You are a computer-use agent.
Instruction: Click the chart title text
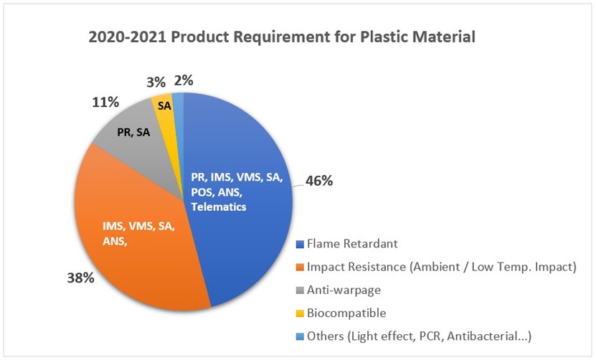(x=282, y=36)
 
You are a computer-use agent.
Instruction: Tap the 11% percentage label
(x=105, y=103)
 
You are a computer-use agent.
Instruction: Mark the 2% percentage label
(x=183, y=81)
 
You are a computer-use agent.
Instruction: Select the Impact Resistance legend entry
(x=441, y=267)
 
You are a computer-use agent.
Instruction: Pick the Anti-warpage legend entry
(x=344, y=290)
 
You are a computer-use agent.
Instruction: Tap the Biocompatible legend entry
(x=347, y=313)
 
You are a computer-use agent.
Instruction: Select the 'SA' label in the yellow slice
(x=164, y=105)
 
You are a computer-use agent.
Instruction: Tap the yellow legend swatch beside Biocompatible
(x=300, y=313)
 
